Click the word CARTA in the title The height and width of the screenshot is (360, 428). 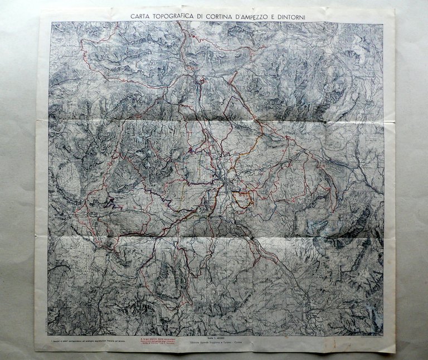point(140,16)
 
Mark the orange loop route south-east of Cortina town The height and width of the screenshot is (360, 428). point(242,198)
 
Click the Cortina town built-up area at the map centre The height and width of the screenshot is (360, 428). point(225,179)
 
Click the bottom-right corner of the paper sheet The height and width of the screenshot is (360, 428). point(395,353)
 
